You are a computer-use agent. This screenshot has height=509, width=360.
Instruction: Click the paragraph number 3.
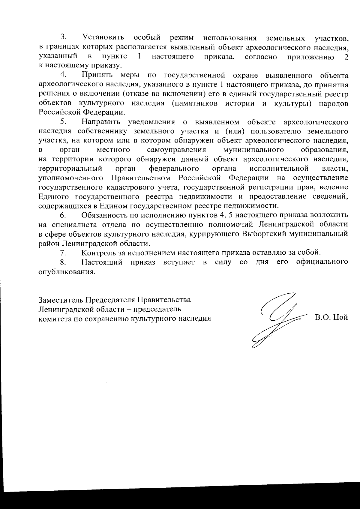click(63, 37)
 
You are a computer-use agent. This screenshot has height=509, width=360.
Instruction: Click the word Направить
click(100, 122)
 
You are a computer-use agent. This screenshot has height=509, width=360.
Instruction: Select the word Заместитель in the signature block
click(61, 300)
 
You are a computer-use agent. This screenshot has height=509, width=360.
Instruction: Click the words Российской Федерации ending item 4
click(81, 112)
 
